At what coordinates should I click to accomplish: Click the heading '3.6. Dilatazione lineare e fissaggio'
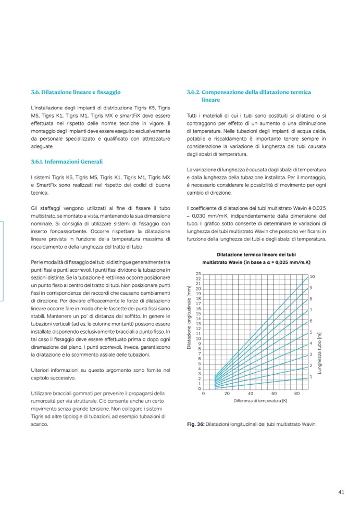76,92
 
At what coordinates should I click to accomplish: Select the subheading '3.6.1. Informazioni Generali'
67,162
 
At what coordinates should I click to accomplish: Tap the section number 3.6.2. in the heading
195,92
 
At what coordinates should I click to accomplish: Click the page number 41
342,491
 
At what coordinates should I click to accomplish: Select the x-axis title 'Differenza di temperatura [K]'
253,401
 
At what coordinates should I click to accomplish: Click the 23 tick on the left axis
198,274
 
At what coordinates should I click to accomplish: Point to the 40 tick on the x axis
251,394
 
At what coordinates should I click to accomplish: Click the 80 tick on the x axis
297,394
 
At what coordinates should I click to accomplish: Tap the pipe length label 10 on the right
312,276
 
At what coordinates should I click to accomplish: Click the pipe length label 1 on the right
311,376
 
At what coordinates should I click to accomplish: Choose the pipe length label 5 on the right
311,332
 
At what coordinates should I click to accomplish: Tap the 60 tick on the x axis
274,394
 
